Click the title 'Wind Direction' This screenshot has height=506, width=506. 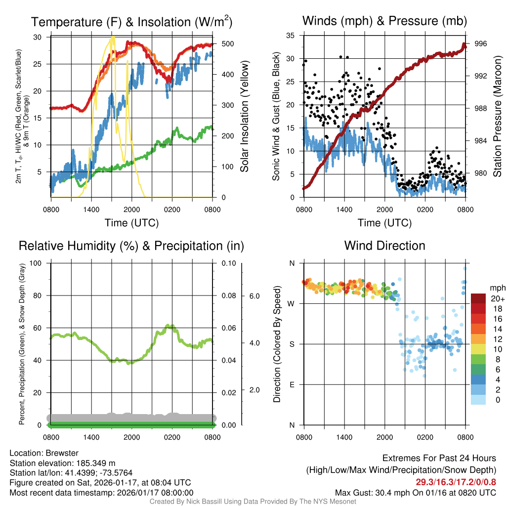(384, 246)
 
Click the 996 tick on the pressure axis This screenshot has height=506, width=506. (481, 43)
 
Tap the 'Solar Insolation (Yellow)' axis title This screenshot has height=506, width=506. (244, 116)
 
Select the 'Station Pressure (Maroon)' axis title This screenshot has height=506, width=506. (497, 116)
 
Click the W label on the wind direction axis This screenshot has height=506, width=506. (292, 303)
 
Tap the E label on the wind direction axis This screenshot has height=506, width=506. (292, 384)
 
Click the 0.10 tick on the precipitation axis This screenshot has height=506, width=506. (228, 263)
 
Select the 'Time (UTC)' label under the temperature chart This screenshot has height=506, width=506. (131, 223)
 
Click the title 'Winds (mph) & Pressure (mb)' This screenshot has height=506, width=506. (384, 21)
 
